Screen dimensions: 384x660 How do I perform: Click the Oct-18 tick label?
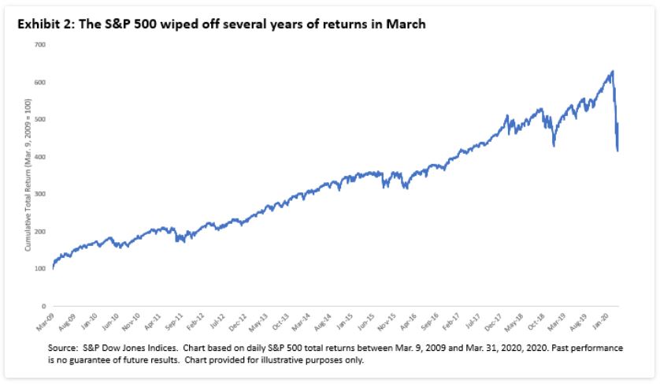(538, 319)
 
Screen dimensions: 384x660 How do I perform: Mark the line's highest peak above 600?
(612, 72)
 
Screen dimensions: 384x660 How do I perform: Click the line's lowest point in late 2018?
(554, 146)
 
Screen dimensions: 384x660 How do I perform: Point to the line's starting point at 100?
(53, 269)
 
